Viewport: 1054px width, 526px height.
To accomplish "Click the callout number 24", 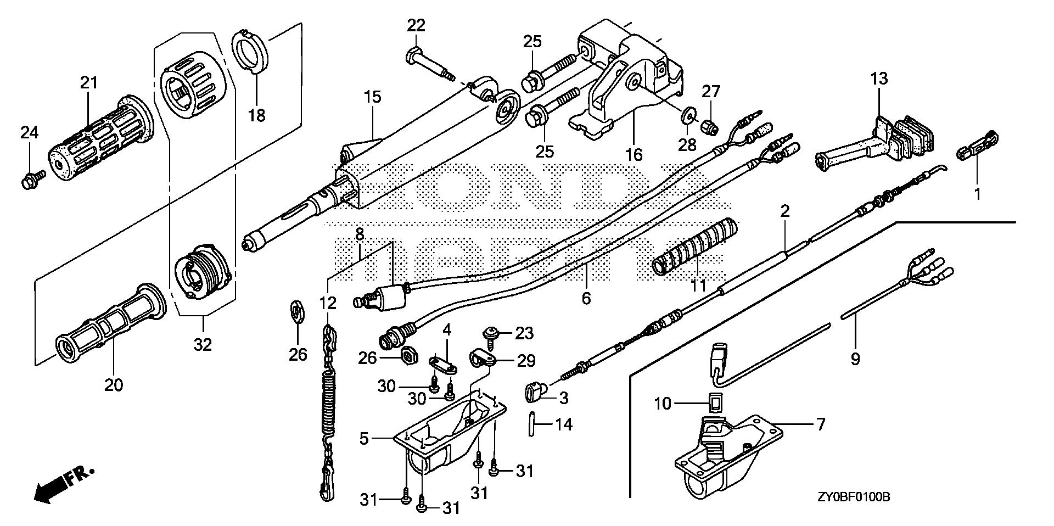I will [30, 132].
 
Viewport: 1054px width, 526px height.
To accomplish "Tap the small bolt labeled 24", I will [29, 180].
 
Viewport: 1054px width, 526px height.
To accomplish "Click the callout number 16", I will [633, 154].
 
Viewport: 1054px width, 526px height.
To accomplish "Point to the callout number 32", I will [203, 345].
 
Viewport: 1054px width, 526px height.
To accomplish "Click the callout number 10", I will [663, 404].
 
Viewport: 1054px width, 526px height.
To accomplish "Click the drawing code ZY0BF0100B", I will [853, 497].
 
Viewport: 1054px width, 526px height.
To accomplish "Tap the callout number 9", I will [855, 359].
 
